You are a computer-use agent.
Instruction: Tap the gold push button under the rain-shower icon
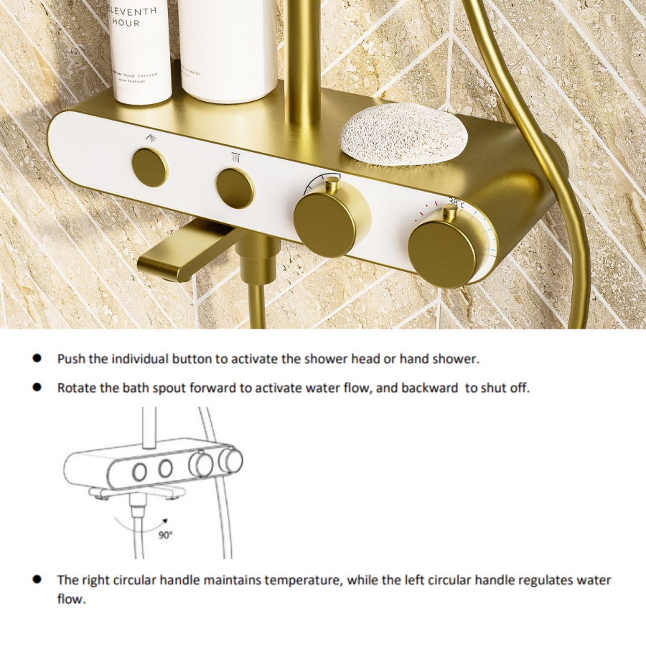pyautogui.click(x=150, y=167)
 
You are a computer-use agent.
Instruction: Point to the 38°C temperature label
pyautogui.click(x=457, y=203)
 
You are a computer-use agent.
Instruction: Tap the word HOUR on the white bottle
pyautogui.click(x=126, y=23)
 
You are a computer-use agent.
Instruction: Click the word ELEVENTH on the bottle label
pyautogui.click(x=134, y=9)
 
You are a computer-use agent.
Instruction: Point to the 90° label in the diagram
pyautogui.click(x=165, y=534)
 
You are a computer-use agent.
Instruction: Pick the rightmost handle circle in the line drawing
pyautogui.click(x=230, y=459)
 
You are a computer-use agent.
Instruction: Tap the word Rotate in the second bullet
pyautogui.click(x=75, y=388)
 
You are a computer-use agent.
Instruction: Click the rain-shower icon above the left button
pyautogui.click(x=149, y=136)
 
